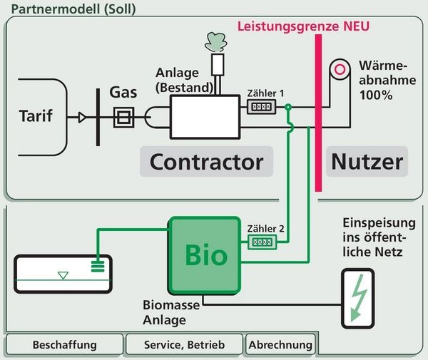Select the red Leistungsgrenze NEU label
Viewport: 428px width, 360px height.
click(302, 28)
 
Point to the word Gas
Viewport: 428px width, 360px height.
click(123, 93)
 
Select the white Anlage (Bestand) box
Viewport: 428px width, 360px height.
click(204, 116)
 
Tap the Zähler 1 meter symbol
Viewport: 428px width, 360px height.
click(261, 108)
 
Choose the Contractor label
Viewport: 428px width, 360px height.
click(206, 161)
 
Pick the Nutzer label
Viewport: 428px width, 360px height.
click(367, 161)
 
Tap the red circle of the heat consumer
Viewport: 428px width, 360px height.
click(342, 69)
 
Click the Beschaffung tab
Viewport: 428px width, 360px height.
click(64, 345)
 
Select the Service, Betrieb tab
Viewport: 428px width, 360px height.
click(183, 345)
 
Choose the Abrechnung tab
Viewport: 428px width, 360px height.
click(280, 345)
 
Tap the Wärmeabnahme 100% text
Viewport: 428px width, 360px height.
click(387, 78)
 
